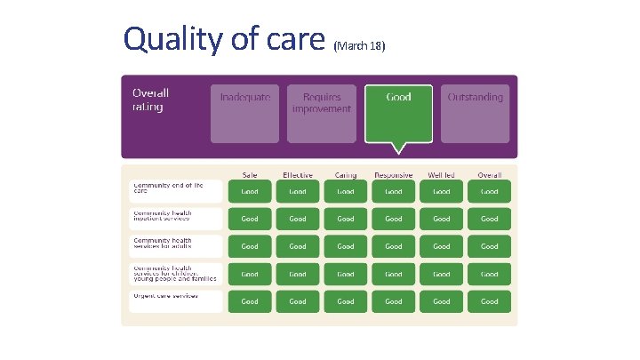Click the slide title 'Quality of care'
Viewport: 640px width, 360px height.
point(225,39)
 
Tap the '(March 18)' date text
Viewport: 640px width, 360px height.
point(359,44)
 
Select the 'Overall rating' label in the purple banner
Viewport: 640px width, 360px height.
point(150,100)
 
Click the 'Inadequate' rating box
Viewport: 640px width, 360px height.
point(244,113)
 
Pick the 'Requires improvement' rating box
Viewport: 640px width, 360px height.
point(321,113)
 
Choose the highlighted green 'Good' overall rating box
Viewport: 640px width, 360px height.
point(398,113)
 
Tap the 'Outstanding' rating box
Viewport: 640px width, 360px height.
point(475,113)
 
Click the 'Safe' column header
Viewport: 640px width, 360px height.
point(250,175)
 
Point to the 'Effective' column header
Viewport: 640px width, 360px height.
point(298,175)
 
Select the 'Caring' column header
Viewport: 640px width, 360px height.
point(346,175)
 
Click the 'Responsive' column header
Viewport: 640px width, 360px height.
point(394,175)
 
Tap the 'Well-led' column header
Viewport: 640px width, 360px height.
point(442,175)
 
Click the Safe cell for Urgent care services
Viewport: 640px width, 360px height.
point(250,301)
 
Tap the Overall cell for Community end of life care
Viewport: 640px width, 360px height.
point(490,191)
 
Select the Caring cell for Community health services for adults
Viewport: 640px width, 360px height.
point(346,246)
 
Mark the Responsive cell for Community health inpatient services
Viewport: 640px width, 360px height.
point(394,219)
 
